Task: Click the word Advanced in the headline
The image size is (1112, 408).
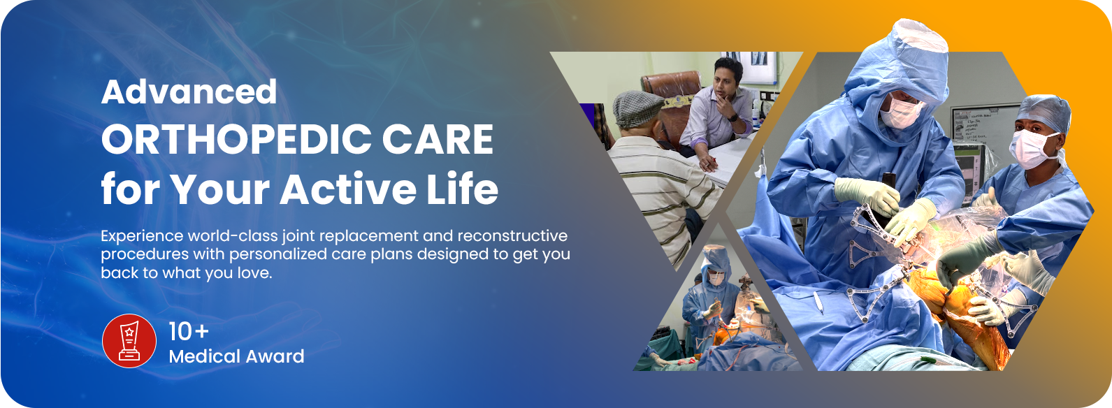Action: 189,92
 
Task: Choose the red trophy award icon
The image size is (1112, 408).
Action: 129,341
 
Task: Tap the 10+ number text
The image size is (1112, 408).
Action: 189,332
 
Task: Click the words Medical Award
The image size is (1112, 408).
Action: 236,356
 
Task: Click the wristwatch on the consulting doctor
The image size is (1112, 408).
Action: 732,118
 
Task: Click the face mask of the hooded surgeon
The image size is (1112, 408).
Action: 900,112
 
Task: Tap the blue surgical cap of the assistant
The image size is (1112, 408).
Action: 1043,113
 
